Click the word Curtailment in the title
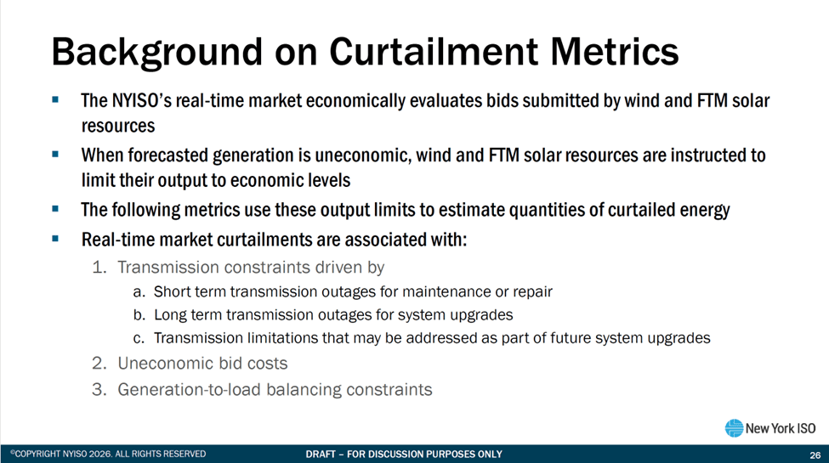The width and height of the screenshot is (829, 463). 434,51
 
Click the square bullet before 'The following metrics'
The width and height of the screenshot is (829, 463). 55,209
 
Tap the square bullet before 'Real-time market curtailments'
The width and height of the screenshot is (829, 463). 55,239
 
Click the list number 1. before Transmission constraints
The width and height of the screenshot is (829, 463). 99,268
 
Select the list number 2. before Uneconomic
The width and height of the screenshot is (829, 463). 99,364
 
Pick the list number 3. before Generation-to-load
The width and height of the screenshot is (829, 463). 99,390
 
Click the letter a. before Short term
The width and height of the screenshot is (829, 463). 139,291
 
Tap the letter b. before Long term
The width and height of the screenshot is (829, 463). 139,315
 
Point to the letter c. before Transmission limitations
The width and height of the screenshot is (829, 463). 139,338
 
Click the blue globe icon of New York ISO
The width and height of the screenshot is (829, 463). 734,428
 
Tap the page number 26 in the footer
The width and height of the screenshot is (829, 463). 815,455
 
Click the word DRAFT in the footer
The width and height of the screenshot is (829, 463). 321,454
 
